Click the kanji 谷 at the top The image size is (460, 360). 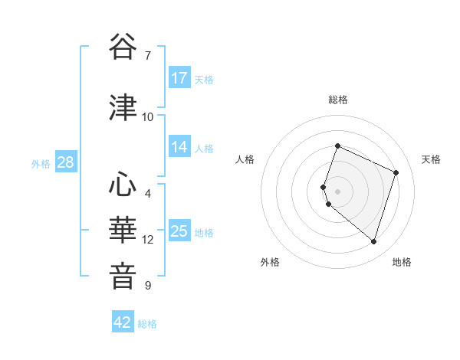123,47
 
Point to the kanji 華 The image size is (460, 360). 123,230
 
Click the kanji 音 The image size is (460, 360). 123,276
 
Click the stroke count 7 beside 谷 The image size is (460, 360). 148,56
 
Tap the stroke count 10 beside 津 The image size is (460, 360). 148,116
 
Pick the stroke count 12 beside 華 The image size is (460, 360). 148,240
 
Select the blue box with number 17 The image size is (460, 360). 179,78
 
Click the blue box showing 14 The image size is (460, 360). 179,148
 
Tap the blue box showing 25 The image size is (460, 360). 179,231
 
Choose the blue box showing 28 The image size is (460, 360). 65,162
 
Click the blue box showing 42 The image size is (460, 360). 123,322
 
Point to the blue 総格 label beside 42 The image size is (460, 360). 147,324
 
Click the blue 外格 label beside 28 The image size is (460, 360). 41,163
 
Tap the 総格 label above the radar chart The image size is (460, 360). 337,100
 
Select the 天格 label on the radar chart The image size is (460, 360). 431,159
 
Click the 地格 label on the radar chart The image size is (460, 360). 402,263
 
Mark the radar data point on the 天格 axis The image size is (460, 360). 396,172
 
